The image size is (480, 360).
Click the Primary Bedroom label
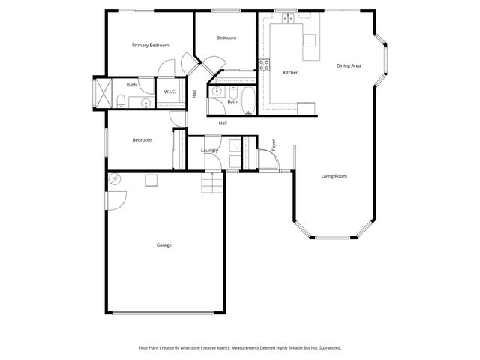[x=150, y=46]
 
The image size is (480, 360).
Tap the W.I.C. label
[x=169, y=91]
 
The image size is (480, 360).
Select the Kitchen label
[x=291, y=73]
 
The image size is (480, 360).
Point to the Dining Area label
[x=349, y=66]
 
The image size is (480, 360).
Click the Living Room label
[x=334, y=176]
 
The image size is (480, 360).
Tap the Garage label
[x=164, y=245]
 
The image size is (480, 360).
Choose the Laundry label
[x=209, y=151]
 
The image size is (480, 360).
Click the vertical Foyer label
[x=274, y=145]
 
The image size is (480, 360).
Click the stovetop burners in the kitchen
[x=263, y=64]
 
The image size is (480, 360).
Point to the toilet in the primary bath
[x=121, y=100]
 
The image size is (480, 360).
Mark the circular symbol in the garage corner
[x=115, y=178]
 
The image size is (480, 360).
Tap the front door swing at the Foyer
[x=266, y=159]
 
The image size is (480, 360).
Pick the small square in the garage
[x=151, y=179]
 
